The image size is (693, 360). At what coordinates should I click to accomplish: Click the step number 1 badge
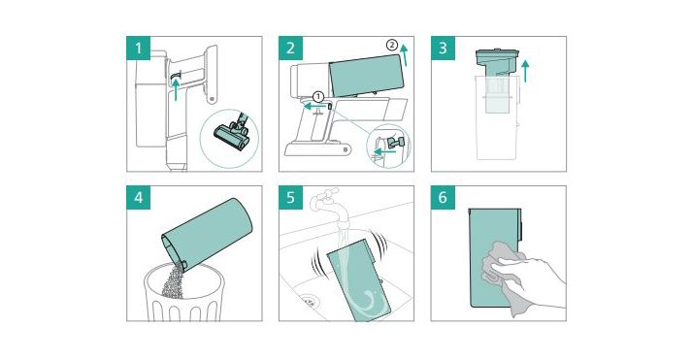(139, 48)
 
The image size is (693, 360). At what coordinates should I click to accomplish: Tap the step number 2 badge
(290, 48)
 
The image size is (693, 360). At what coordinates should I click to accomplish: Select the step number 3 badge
(443, 48)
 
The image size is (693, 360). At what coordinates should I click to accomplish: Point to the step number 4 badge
(139, 197)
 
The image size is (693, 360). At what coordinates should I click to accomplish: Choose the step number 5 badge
(290, 197)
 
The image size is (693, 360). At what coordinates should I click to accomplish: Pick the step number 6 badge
(443, 197)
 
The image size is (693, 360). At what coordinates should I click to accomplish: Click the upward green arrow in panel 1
(177, 89)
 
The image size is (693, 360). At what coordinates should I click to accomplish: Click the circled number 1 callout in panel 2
(318, 96)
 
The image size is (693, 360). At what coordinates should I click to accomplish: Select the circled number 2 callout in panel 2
(391, 45)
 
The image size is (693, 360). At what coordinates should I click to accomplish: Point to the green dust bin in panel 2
(368, 76)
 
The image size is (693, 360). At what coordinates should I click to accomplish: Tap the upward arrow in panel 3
(525, 71)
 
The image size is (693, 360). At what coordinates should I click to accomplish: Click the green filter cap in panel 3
(499, 61)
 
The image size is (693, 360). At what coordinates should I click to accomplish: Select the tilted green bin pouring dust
(207, 234)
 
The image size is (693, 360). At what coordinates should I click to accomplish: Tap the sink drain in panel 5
(310, 302)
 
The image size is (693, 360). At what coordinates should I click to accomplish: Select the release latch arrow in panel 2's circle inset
(383, 152)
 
